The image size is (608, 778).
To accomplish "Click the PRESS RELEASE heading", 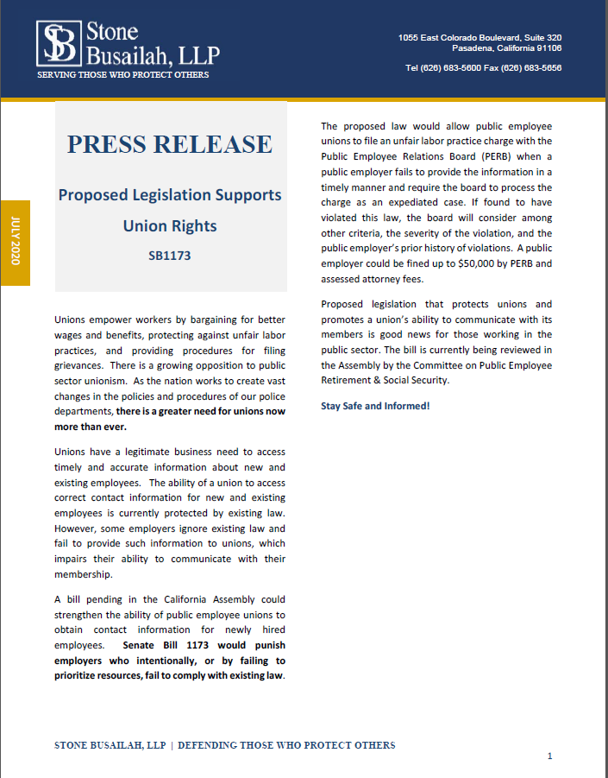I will [x=170, y=143].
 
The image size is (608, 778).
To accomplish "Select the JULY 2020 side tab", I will [x=15, y=242].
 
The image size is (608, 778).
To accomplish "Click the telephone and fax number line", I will [x=483, y=68].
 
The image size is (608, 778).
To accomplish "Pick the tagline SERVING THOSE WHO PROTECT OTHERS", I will [x=122, y=75].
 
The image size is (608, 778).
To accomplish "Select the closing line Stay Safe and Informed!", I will [x=375, y=406].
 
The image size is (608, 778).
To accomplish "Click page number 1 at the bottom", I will [x=549, y=756].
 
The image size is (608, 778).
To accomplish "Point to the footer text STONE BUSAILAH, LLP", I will [x=110, y=745].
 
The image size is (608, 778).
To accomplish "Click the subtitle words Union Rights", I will [x=170, y=226].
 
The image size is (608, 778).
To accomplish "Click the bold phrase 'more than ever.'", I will [x=91, y=427].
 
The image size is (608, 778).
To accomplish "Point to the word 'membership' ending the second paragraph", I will [x=83, y=574].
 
